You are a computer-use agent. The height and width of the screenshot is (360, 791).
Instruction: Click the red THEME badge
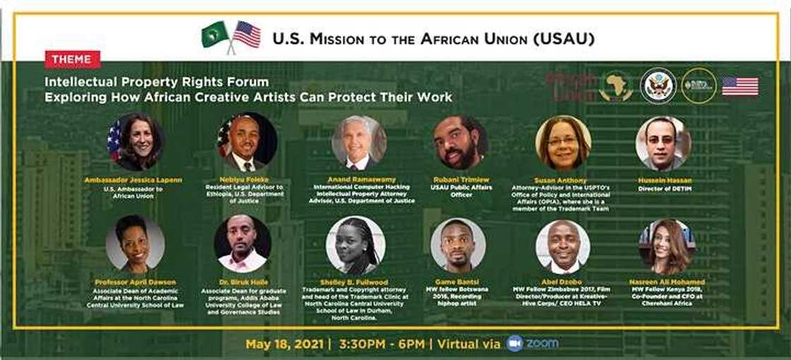point(72,59)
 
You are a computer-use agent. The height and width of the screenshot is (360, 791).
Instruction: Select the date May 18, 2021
point(283,344)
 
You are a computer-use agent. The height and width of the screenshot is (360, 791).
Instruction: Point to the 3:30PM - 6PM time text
point(381,344)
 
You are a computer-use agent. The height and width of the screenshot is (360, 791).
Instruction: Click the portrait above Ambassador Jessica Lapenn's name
point(135,143)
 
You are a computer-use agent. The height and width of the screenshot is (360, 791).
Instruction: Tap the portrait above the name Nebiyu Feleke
point(247,143)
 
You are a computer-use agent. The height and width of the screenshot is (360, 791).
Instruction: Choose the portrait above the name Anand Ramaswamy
point(359,143)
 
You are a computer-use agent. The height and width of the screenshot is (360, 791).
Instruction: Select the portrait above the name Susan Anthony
point(562,143)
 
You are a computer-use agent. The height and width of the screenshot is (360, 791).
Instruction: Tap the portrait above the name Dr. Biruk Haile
point(242,244)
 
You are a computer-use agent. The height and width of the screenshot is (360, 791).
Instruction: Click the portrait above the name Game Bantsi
point(458,245)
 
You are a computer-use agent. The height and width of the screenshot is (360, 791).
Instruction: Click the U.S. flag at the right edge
point(740,86)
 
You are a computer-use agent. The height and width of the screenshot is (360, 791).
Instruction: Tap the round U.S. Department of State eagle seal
point(658,86)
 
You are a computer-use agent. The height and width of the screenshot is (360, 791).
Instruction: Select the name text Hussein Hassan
point(663,181)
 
